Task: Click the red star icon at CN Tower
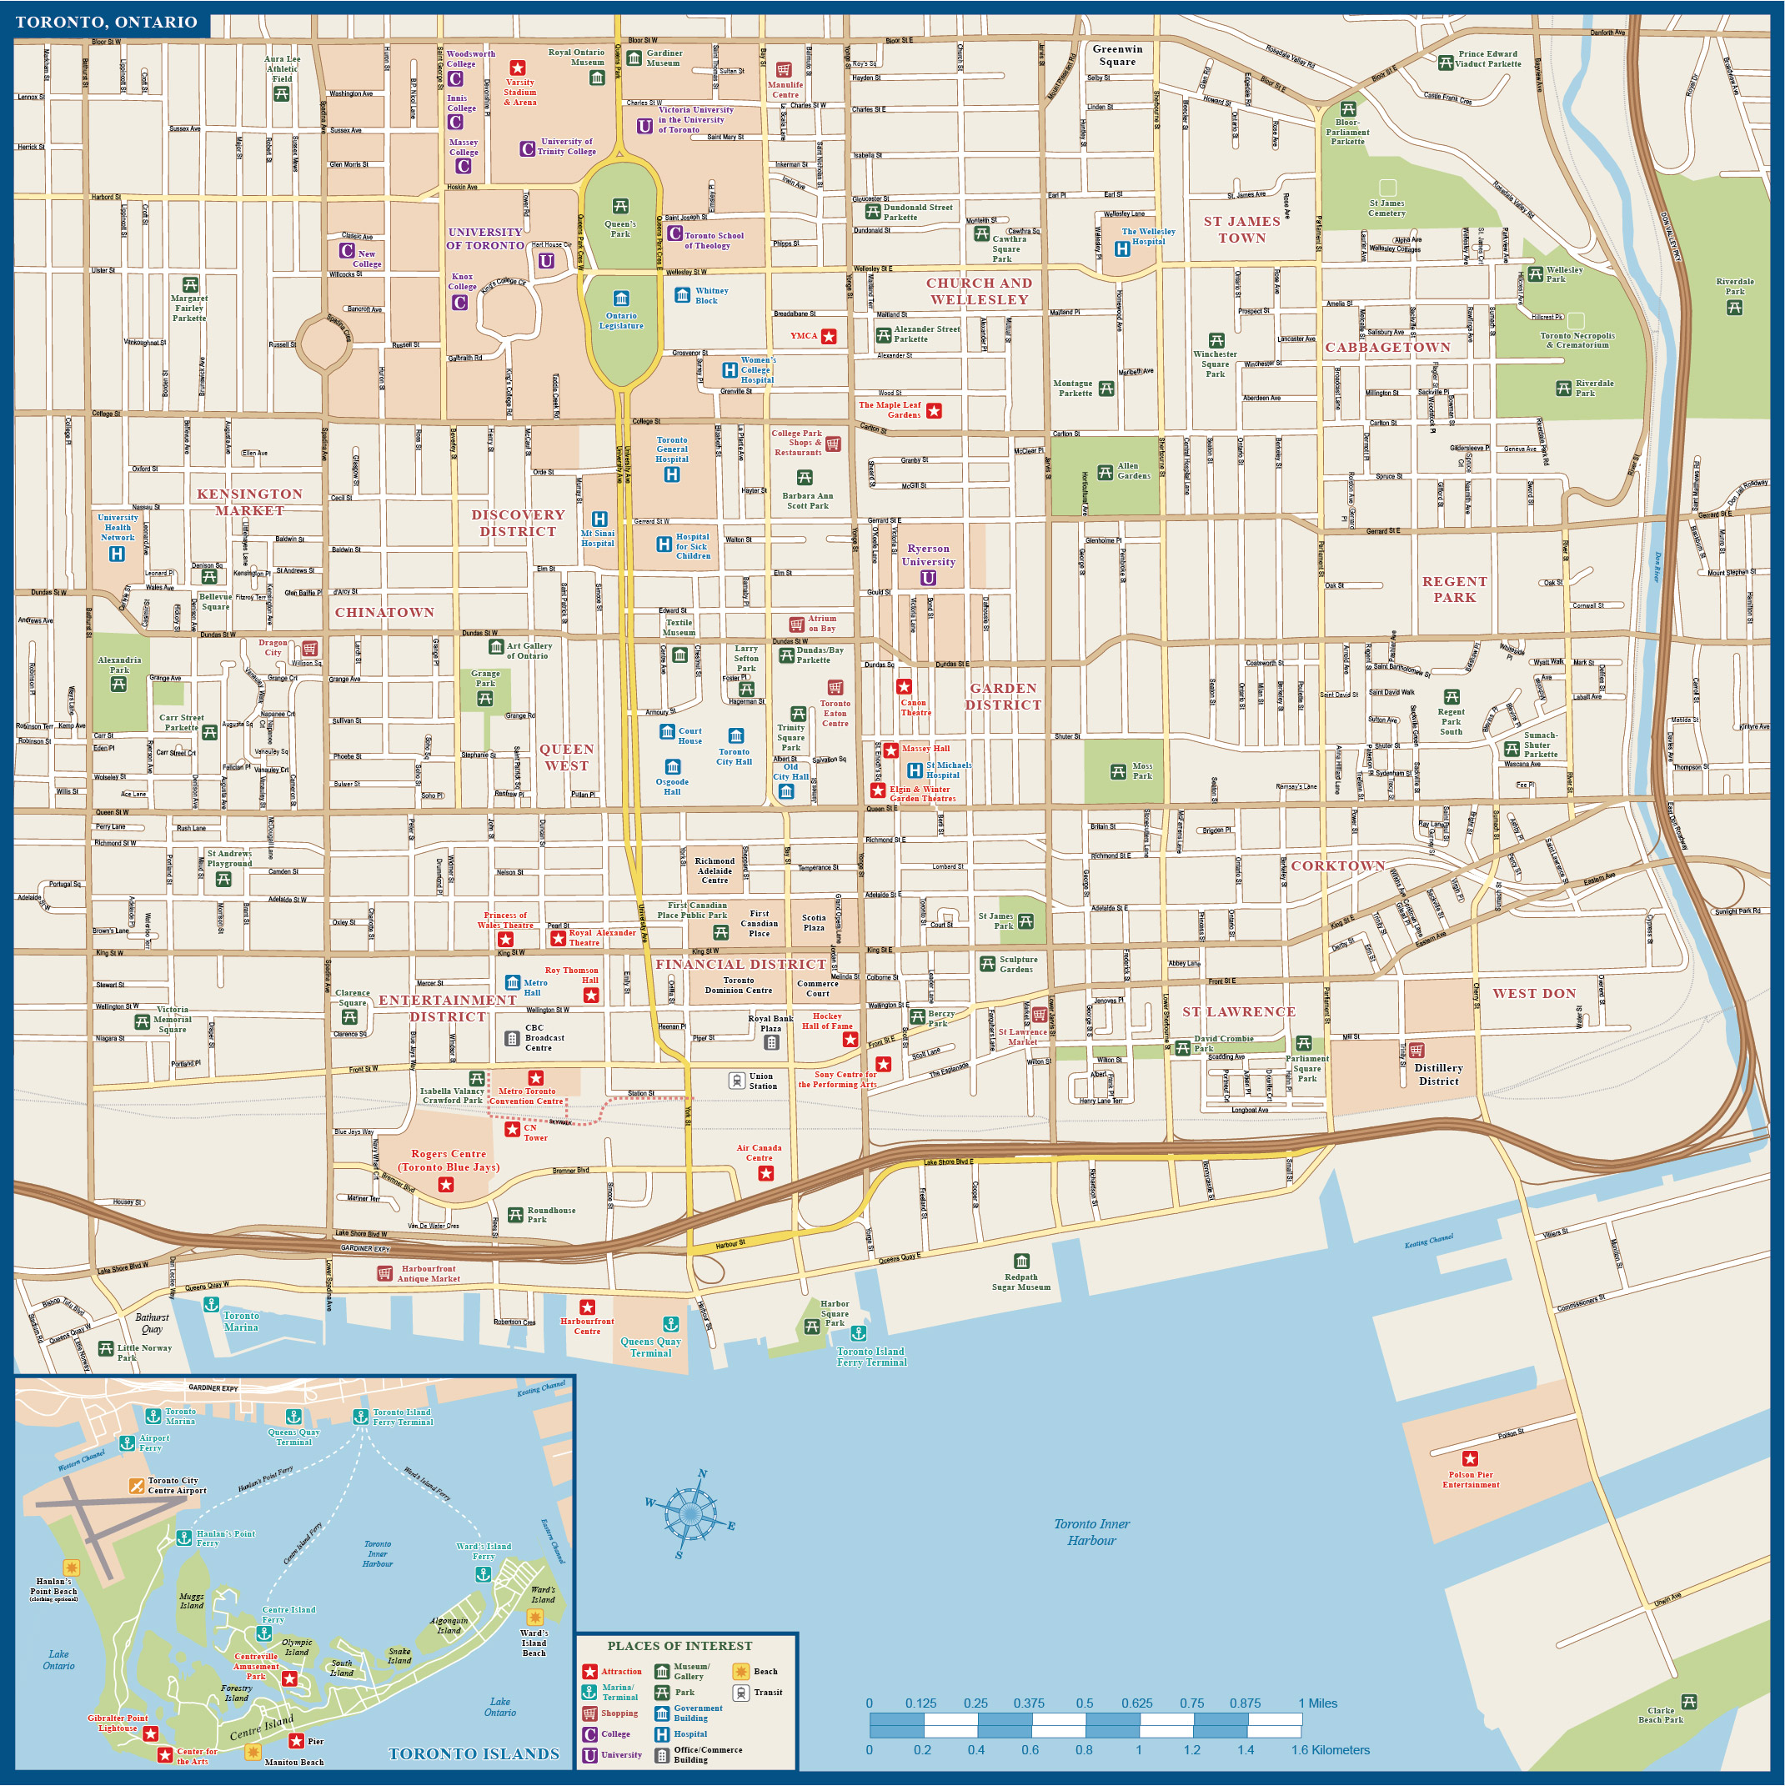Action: coord(511,1129)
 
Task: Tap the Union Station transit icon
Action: coord(737,1081)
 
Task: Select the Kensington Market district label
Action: coord(249,502)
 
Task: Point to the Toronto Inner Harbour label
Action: coord(1091,1533)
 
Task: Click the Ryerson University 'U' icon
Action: coord(928,578)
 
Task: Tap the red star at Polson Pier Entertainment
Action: coord(1470,1459)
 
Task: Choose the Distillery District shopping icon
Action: coord(1417,1050)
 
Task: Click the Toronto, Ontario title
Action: coord(107,23)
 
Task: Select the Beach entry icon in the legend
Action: coord(740,1672)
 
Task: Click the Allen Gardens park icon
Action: coord(1105,474)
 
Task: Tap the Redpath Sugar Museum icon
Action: coord(1021,1261)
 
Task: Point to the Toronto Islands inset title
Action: coord(474,1753)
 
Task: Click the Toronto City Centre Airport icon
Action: coord(137,1486)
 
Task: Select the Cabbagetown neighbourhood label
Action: coord(1387,348)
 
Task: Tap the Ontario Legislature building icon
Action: coord(621,298)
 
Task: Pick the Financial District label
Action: coord(740,964)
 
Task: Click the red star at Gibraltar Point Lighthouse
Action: coord(151,1733)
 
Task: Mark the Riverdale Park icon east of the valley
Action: coord(1735,308)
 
